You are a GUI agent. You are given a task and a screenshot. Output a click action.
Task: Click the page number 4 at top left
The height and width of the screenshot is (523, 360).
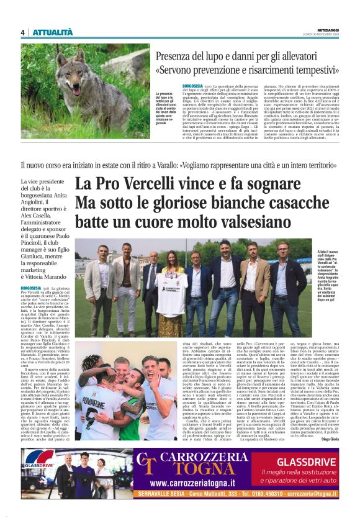click(22, 33)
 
